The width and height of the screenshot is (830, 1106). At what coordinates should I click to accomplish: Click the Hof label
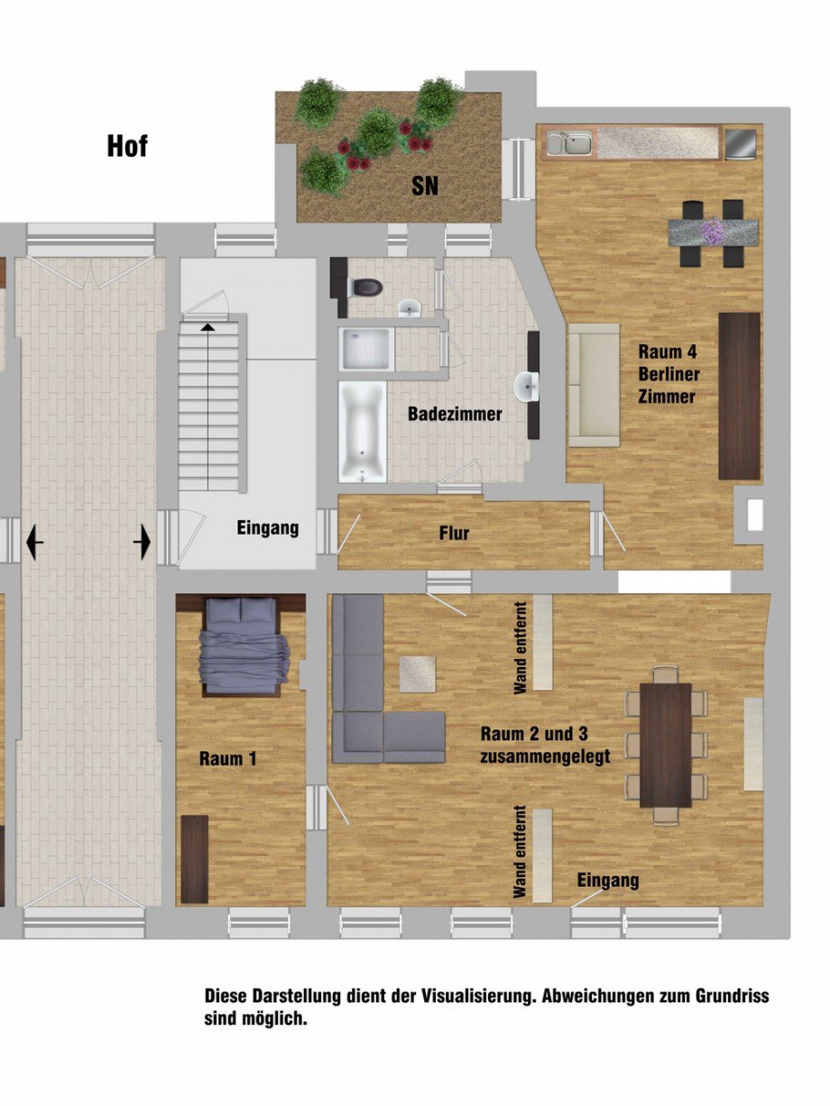(x=127, y=146)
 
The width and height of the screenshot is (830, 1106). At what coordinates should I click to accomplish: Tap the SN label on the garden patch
(x=425, y=187)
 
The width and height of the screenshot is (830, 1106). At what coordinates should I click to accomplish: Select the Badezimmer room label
(x=455, y=415)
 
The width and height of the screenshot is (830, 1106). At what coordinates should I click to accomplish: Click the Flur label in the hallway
(x=455, y=534)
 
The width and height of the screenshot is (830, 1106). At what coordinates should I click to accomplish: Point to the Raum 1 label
(x=227, y=759)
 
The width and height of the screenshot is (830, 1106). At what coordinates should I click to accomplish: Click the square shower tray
(x=365, y=349)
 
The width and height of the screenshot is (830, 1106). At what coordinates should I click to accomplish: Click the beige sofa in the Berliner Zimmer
(x=593, y=385)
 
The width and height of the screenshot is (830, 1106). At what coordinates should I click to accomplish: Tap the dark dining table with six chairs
(x=665, y=745)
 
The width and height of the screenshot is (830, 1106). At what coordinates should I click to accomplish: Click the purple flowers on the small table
(x=714, y=231)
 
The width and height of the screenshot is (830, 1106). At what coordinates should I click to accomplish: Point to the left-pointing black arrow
(x=34, y=543)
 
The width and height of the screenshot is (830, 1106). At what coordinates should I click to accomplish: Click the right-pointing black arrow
(x=143, y=543)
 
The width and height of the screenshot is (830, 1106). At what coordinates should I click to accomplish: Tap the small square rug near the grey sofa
(x=418, y=673)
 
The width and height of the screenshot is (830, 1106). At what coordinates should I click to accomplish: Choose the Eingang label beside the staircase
(x=268, y=528)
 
